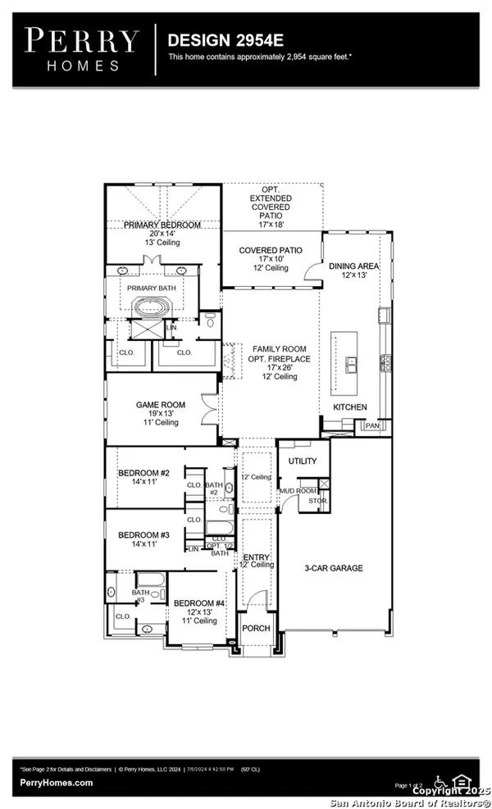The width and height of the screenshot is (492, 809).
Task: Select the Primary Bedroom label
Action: [x=162, y=225]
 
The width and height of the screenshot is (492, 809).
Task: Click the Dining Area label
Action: [x=353, y=266]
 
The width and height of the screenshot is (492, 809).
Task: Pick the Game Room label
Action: [x=161, y=405]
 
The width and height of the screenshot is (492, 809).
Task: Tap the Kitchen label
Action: [x=349, y=407]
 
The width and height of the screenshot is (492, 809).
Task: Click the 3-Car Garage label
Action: [x=334, y=568]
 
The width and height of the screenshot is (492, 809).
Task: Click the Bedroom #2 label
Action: [x=143, y=473]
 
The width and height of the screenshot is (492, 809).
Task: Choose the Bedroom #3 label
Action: [x=143, y=534]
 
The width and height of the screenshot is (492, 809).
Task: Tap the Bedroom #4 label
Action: [x=194, y=602]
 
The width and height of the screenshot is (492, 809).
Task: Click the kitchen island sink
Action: [x=350, y=362]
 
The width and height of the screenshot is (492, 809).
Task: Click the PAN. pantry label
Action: [x=372, y=426]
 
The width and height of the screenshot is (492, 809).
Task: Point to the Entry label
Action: [x=256, y=557]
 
